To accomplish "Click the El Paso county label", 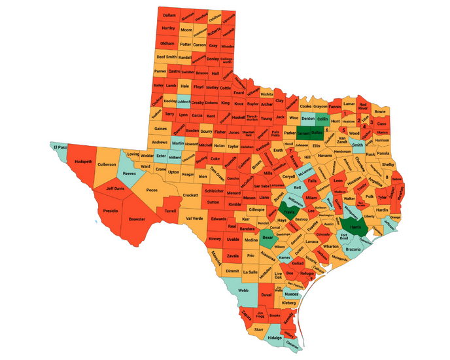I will tap(60, 147).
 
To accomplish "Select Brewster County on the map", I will tap(137, 219).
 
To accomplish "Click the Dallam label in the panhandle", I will tap(169, 14).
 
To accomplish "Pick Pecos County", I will tap(152, 190).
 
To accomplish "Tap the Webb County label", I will tap(243, 290).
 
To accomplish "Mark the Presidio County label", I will tap(111, 211).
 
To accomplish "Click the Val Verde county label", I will tap(194, 218).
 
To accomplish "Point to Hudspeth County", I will tap(84, 161).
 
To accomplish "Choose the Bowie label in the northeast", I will tap(380, 111).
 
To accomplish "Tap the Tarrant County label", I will tap(303, 132).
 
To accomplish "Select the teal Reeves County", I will tap(130, 173).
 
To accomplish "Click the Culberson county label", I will tap(107, 164).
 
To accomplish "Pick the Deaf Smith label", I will tap(167, 57).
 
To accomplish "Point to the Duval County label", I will tap(266, 295).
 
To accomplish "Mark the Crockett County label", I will tap(190, 195).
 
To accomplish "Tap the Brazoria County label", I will tap(353, 250).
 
